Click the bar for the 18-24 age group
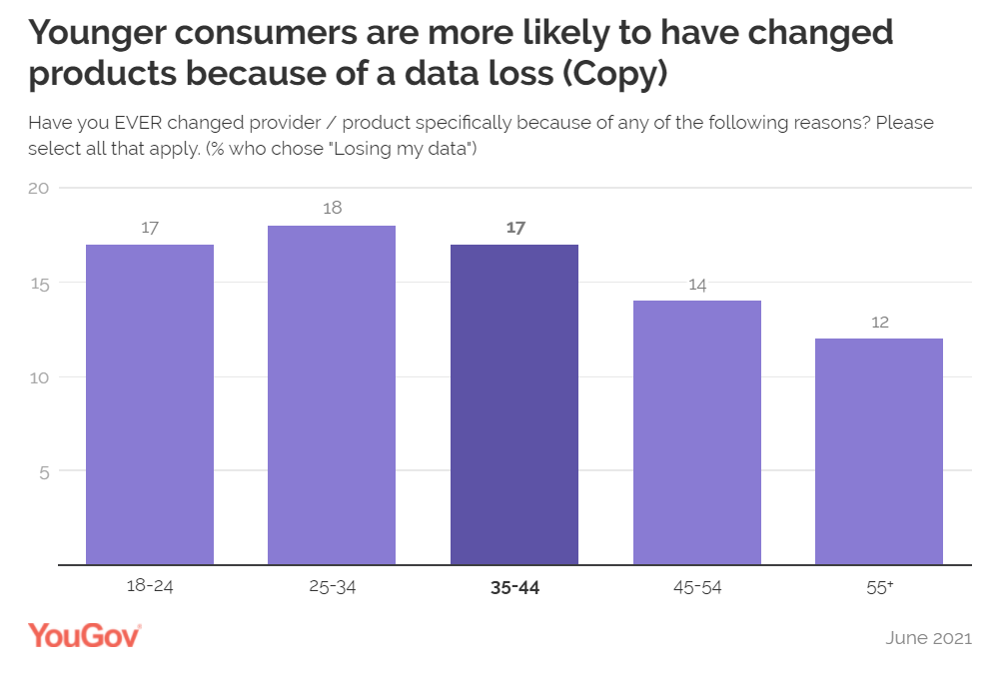pyautogui.click(x=150, y=404)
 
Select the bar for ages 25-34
pyautogui.click(x=332, y=395)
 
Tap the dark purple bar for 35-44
pyautogui.click(x=514, y=404)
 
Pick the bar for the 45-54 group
pyautogui.click(x=697, y=432)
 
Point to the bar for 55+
pyautogui.click(x=879, y=451)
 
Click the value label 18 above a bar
pyautogui.click(x=333, y=209)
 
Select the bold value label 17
pyautogui.click(x=515, y=228)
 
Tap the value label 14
pyautogui.click(x=697, y=285)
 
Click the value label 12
pyautogui.click(x=879, y=323)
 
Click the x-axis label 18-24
pyautogui.click(x=150, y=587)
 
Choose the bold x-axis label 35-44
pyautogui.click(x=514, y=587)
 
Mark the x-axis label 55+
pyautogui.click(x=879, y=587)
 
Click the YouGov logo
pyautogui.click(x=84, y=635)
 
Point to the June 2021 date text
pyautogui.click(x=928, y=638)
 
